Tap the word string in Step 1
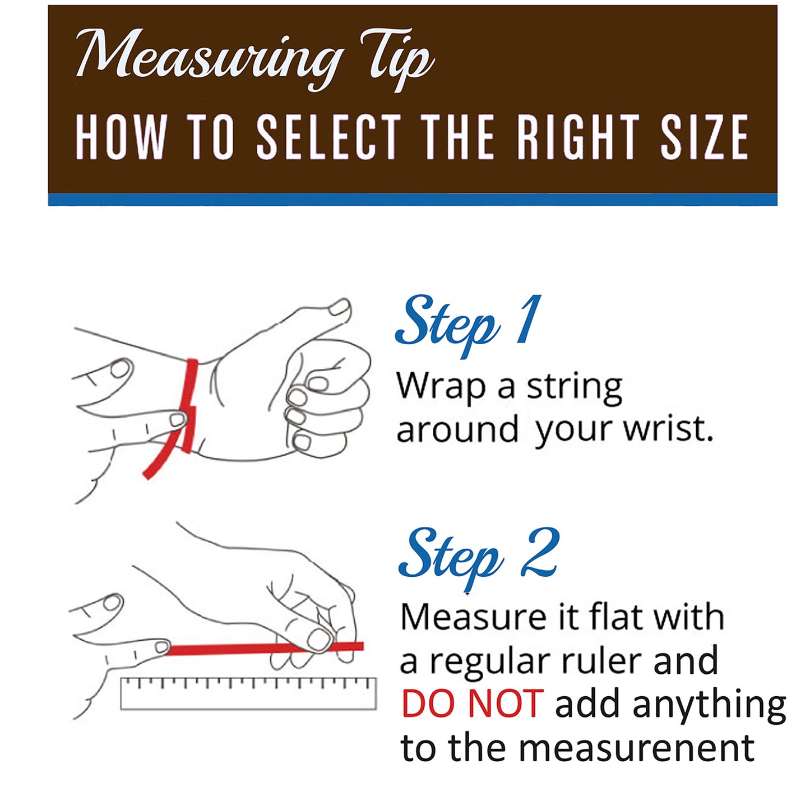coord(574,389)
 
